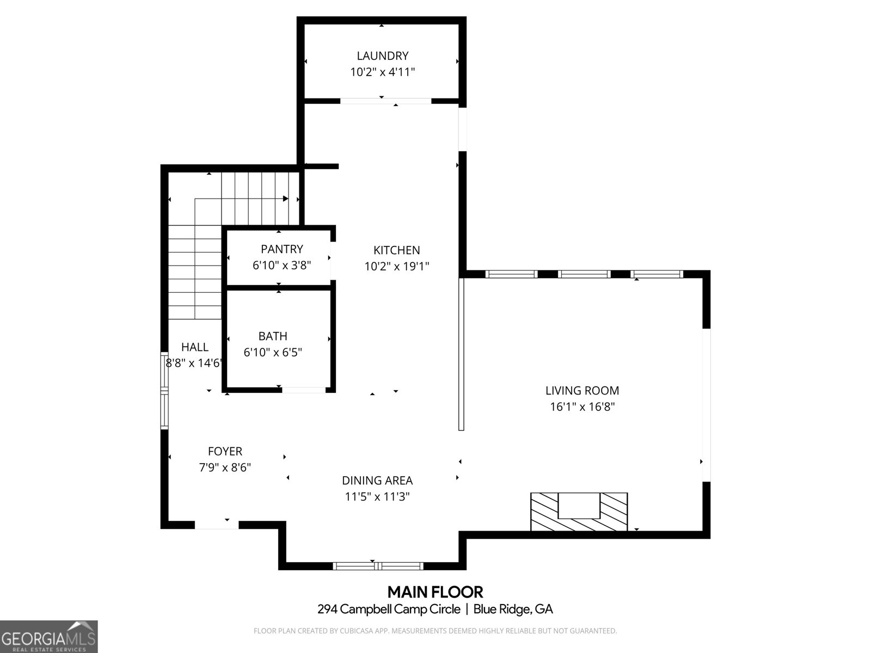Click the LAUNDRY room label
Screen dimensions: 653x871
coord(382,56)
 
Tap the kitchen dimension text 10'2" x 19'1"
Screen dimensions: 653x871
coord(396,266)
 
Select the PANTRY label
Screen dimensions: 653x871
coord(281,249)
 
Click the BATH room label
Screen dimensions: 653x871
coord(273,336)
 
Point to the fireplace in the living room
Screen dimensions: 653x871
coord(579,511)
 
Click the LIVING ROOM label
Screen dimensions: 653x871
coord(582,390)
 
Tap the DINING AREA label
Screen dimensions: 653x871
coord(377,480)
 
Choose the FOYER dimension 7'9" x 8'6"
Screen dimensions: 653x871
coord(225,467)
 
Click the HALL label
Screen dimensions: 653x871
coord(194,347)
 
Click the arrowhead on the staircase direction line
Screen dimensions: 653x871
coord(286,199)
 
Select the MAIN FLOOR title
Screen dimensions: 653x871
coord(435,592)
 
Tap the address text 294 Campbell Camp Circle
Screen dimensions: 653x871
coord(389,609)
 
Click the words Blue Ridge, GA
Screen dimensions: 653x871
coord(513,609)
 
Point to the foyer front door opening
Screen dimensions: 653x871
coord(217,525)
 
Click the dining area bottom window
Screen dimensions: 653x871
coord(378,566)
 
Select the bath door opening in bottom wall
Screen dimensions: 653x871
coord(303,390)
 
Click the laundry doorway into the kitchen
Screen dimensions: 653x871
coord(385,101)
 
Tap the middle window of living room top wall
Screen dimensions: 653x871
coord(584,274)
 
